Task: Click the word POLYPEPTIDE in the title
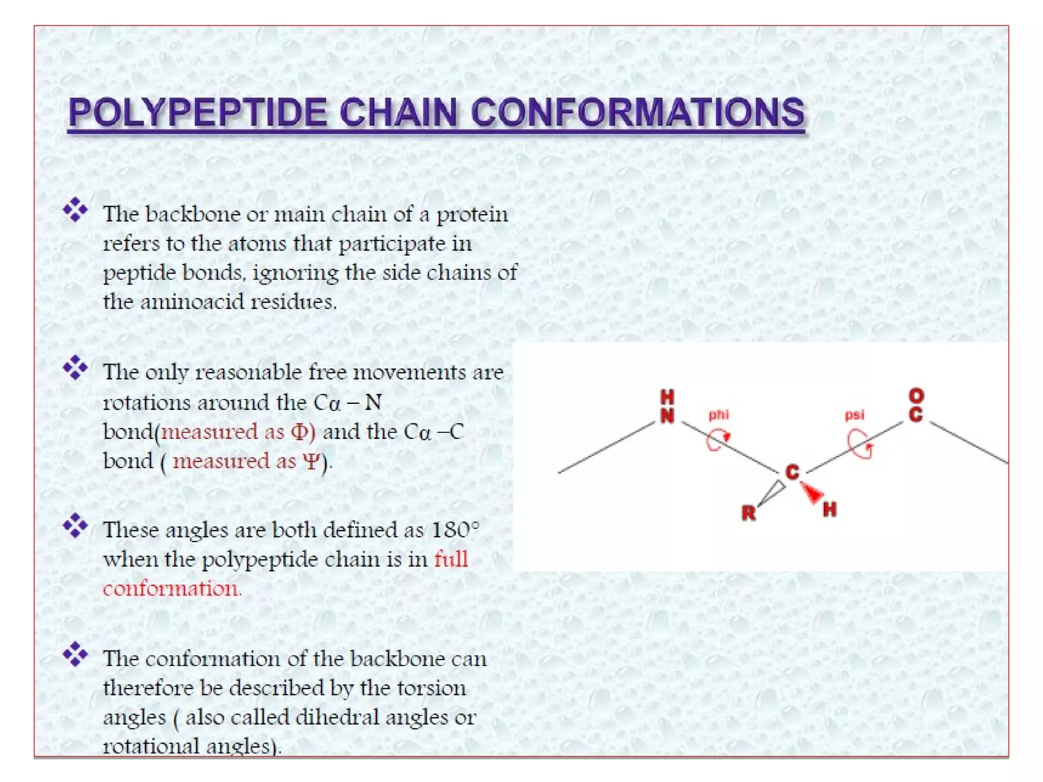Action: [x=198, y=113]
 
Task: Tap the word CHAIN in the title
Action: [x=398, y=113]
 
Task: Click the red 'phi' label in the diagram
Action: [x=718, y=415]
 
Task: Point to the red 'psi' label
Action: [x=855, y=415]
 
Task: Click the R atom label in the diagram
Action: [x=748, y=513]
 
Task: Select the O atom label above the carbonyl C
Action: [x=916, y=396]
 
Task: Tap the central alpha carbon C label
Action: [x=792, y=472]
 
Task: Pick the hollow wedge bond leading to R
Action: [x=771, y=493]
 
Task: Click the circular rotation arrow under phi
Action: [x=717, y=440]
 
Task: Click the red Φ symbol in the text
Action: [x=299, y=432]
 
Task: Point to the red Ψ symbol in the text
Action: [x=311, y=461]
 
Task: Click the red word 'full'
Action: [x=451, y=559]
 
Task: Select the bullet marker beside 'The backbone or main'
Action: [x=75, y=210]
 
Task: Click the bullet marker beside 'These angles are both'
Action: [x=75, y=525]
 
